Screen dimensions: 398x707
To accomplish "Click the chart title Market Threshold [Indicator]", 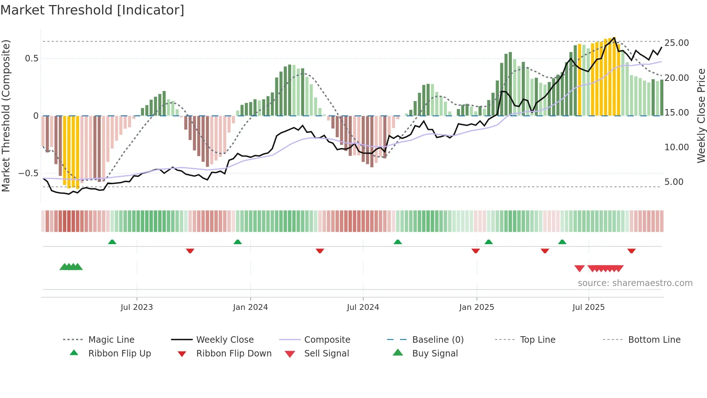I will pos(92,10).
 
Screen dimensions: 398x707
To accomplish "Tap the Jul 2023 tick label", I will pos(137,307).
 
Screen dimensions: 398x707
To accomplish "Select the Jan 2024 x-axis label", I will pos(250,307).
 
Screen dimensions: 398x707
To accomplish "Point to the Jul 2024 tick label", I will pos(363,307).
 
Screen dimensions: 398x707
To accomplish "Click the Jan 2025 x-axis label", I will pos(477,307).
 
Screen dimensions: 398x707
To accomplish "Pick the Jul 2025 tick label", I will pos(588,307).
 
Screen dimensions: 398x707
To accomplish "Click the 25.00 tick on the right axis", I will pos(676,43).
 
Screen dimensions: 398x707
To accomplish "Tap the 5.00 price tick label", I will pos(674,182).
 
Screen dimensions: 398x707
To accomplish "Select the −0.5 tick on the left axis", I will pos(28,173).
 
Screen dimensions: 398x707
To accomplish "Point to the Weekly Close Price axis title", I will pos(701,116).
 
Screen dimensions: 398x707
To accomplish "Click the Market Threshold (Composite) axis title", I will pos(6,116).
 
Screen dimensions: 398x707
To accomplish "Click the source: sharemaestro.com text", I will pos(635,283).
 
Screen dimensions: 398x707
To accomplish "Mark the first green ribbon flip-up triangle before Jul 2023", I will pos(112,242).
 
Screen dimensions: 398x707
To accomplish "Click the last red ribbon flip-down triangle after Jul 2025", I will pos(631,251).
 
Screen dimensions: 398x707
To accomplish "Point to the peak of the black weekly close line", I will pos(614,38).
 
